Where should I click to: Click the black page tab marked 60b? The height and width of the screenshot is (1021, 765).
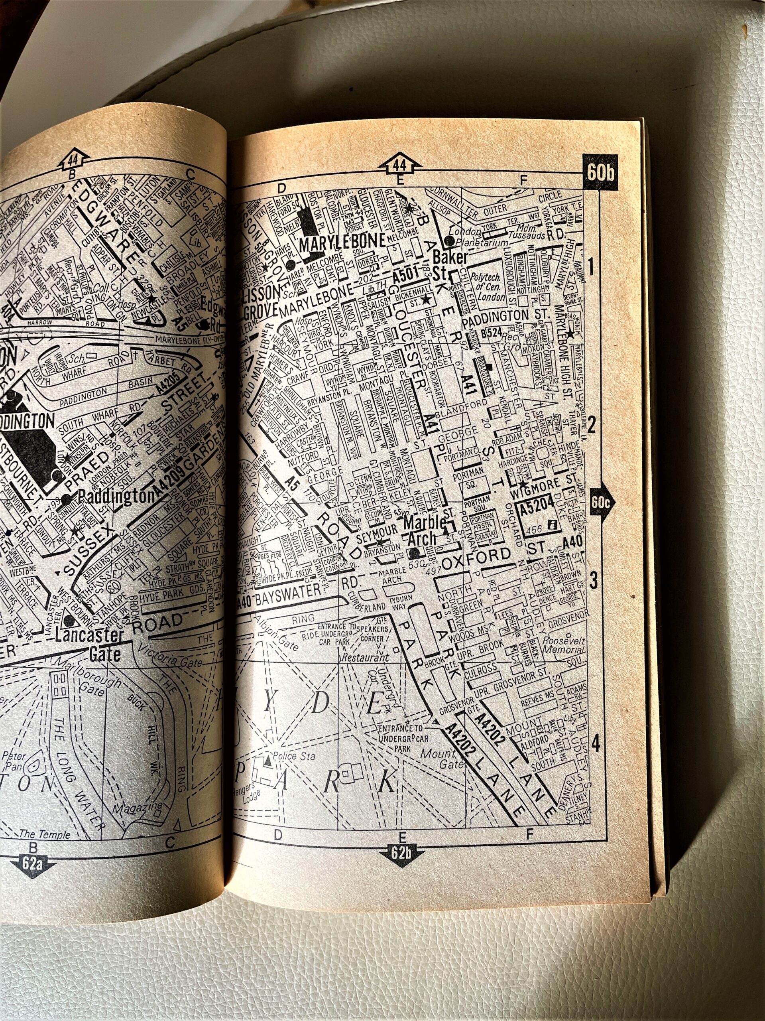click(601, 174)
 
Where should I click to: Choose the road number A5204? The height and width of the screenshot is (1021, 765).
click(536, 510)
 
